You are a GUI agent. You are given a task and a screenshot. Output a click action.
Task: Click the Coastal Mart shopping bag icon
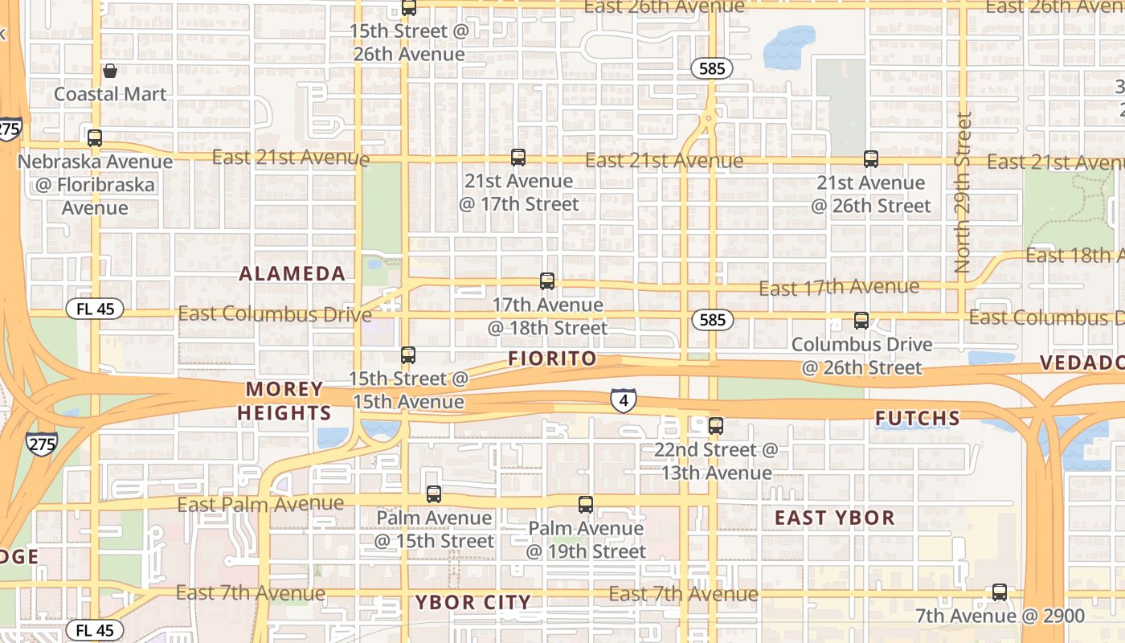pos(110,72)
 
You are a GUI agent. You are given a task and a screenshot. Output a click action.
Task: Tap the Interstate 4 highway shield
pos(624,399)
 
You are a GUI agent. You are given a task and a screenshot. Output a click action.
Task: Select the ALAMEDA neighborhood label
pos(292,273)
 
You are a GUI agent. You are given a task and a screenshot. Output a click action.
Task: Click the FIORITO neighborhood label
pos(553,358)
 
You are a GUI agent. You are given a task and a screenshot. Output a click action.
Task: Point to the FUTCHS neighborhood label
pos(917,418)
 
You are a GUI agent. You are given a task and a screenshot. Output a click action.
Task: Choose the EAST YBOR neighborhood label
pos(834,518)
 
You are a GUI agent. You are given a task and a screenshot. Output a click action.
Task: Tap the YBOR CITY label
pos(473,602)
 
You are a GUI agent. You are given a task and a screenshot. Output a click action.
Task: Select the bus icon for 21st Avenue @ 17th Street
pos(518,158)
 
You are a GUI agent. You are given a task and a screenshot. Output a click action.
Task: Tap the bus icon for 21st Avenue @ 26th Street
pos(871,159)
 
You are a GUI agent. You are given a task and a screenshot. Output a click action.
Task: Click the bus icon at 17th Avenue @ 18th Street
pos(547,281)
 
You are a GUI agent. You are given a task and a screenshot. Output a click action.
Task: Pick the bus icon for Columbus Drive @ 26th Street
pos(861,321)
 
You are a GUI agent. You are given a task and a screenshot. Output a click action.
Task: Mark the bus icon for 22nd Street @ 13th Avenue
pos(716,426)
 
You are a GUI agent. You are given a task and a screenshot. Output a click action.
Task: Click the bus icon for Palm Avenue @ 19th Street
pos(586,505)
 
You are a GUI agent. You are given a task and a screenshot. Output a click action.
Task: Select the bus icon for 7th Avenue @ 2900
pos(1000,592)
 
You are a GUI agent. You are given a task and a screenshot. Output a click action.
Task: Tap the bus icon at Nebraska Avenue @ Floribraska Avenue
pos(95,137)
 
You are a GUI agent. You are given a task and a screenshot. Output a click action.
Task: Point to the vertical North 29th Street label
pos(963,193)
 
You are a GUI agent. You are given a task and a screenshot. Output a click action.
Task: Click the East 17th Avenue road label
pos(839,287)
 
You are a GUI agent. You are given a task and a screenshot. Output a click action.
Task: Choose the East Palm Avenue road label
pos(260,505)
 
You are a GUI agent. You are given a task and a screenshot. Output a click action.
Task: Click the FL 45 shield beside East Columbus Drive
pos(95,309)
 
